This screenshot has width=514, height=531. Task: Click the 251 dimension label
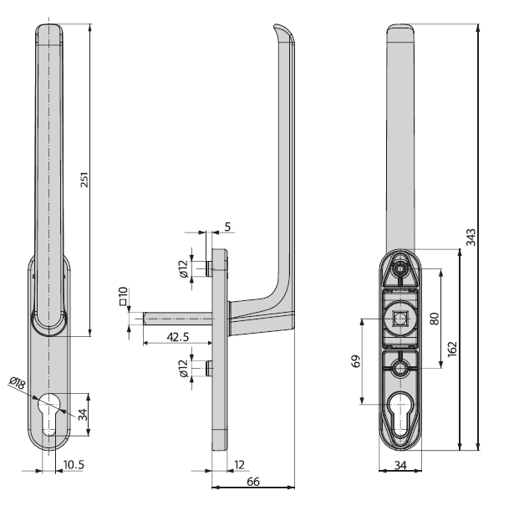[x=84, y=180]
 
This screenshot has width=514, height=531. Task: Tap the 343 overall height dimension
[x=471, y=237]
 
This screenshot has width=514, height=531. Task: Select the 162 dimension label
[x=452, y=349]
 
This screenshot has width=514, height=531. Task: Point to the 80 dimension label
[x=435, y=319]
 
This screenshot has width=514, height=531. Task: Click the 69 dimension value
[x=356, y=361]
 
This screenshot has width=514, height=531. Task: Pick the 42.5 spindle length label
[x=178, y=337]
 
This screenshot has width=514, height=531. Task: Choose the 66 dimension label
[x=253, y=481]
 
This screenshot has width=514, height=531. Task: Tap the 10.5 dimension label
[x=74, y=465]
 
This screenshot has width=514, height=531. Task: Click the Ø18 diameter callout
[x=18, y=383]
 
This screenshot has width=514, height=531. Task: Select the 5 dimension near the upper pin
[x=227, y=227]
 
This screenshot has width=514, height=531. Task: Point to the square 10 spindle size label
[x=123, y=296]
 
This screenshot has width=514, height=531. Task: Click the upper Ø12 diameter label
[x=183, y=269]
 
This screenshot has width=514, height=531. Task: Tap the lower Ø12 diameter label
[x=183, y=369]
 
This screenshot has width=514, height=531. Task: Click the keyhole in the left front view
[x=49, y=413]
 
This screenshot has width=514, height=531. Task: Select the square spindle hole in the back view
[x=400, y=319]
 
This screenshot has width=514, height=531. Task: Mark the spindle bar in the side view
[x=178, y=319]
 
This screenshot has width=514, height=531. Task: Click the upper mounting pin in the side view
[x=209, y=268]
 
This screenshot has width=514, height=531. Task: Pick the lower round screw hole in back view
[x=400, y=369]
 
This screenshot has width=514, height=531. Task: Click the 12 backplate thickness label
[x=239, y=465]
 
